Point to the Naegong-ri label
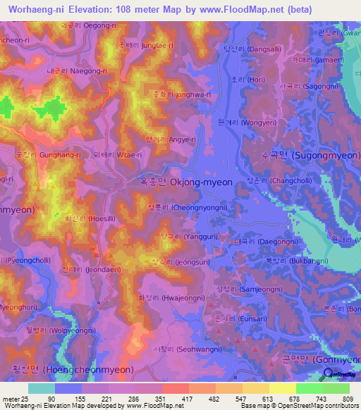76,71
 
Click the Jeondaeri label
87,269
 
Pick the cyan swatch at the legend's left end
42,388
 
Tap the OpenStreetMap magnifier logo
326,374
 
